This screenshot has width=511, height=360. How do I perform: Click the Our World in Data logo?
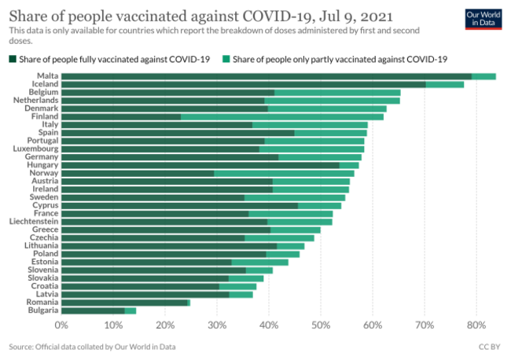coord(481,19)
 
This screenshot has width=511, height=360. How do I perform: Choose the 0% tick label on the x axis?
coord(61,324)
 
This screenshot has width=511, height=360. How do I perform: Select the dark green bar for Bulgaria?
coord(93,310)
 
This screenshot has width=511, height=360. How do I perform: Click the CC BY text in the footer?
coord(488,346)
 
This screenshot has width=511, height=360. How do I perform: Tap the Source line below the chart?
coord(92,346)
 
